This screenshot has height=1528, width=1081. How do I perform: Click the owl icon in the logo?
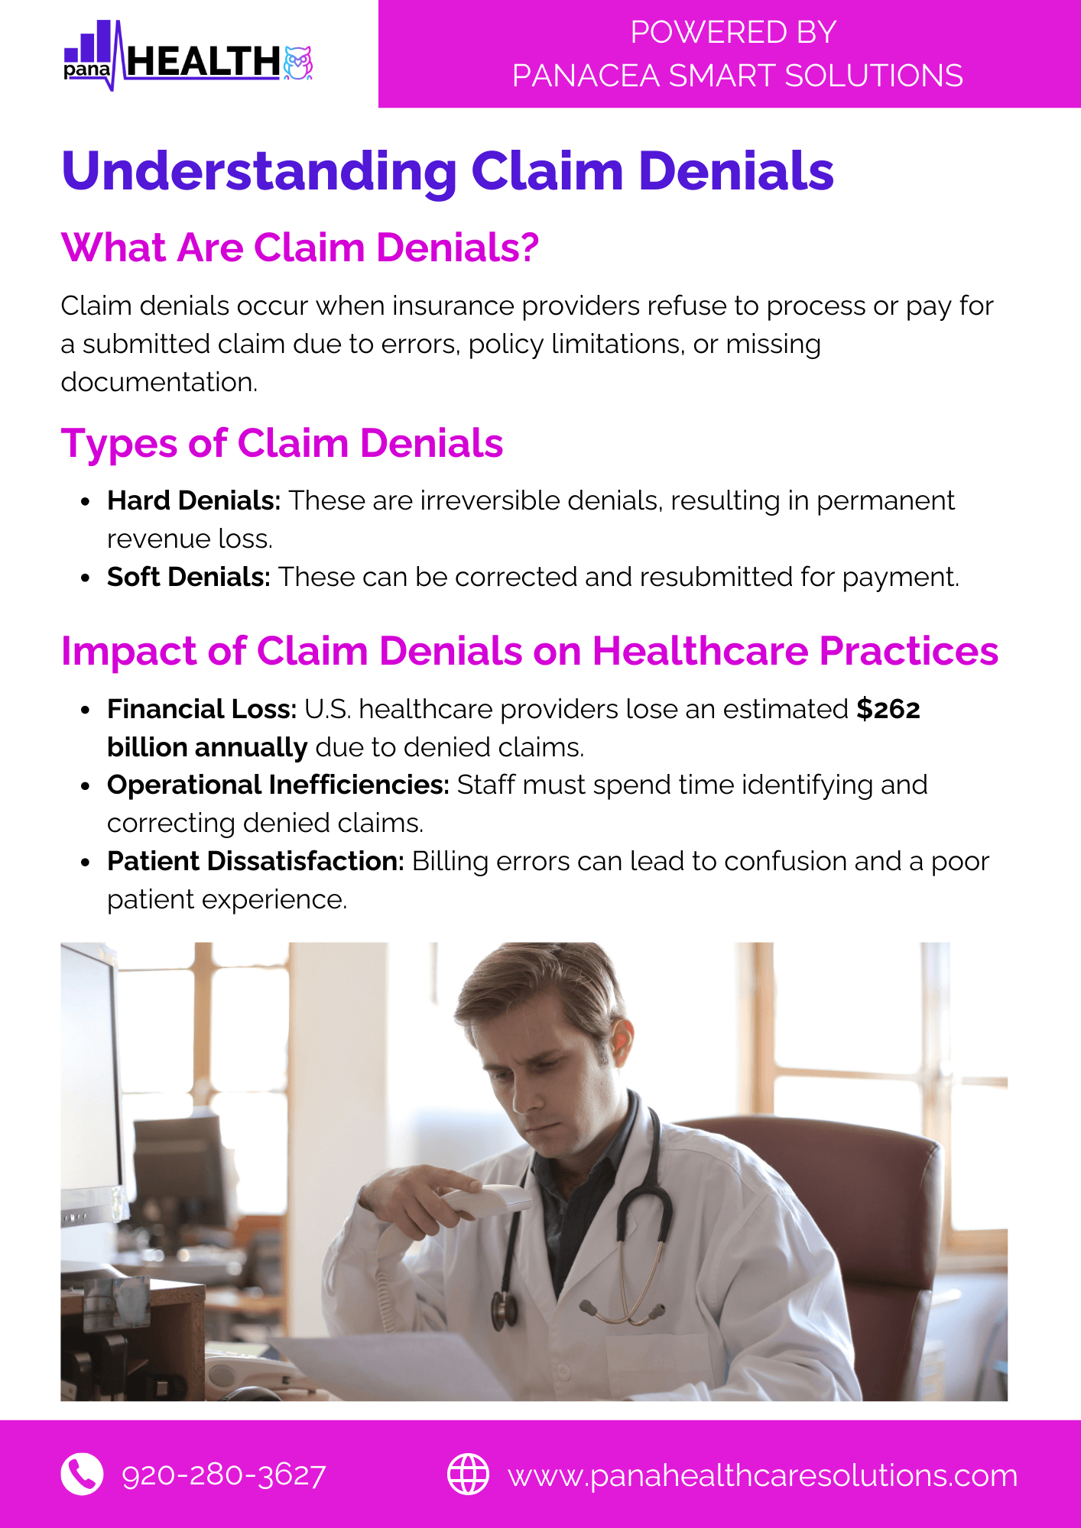[297, 63]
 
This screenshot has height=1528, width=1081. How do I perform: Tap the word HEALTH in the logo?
[203, 62]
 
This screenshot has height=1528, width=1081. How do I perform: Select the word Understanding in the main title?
[259, 172]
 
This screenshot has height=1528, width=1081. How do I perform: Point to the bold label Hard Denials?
[194, 500]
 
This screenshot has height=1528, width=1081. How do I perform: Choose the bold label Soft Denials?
[189, 577]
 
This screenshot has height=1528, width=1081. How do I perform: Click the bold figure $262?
[888, 709]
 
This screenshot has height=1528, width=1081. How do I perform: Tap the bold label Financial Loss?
[202, 709]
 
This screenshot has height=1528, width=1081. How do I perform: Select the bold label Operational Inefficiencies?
[278, 785]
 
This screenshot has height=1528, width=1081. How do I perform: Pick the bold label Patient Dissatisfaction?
[255, 861]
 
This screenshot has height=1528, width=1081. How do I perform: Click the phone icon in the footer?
[82, 1474]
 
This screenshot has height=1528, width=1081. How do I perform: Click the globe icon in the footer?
[468, 1474]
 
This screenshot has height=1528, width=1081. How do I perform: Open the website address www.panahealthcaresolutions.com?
[763, 1476]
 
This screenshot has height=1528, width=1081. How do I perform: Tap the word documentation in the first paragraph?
[159, 382]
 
